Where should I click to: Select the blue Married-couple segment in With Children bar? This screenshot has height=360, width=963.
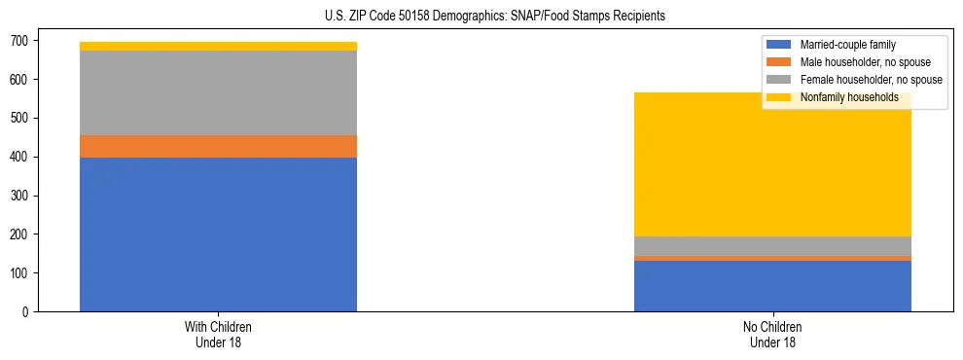[x=218, y=234]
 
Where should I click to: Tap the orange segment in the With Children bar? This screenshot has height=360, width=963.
[x=218, y=146]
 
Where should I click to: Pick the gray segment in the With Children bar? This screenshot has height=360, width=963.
[x=218, y=92]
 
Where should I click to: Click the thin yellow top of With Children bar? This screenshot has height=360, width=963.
[x=218, y=46]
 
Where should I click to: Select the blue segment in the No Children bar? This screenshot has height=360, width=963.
[x=772, y=286]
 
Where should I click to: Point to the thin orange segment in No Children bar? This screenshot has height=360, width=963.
[x=772, y=258]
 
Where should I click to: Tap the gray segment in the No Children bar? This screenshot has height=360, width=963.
[x=772, y=246]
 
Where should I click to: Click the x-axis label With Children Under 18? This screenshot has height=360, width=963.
[x=218, y=335]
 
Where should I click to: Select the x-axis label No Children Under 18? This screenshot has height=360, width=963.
[x=772, y=335]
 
